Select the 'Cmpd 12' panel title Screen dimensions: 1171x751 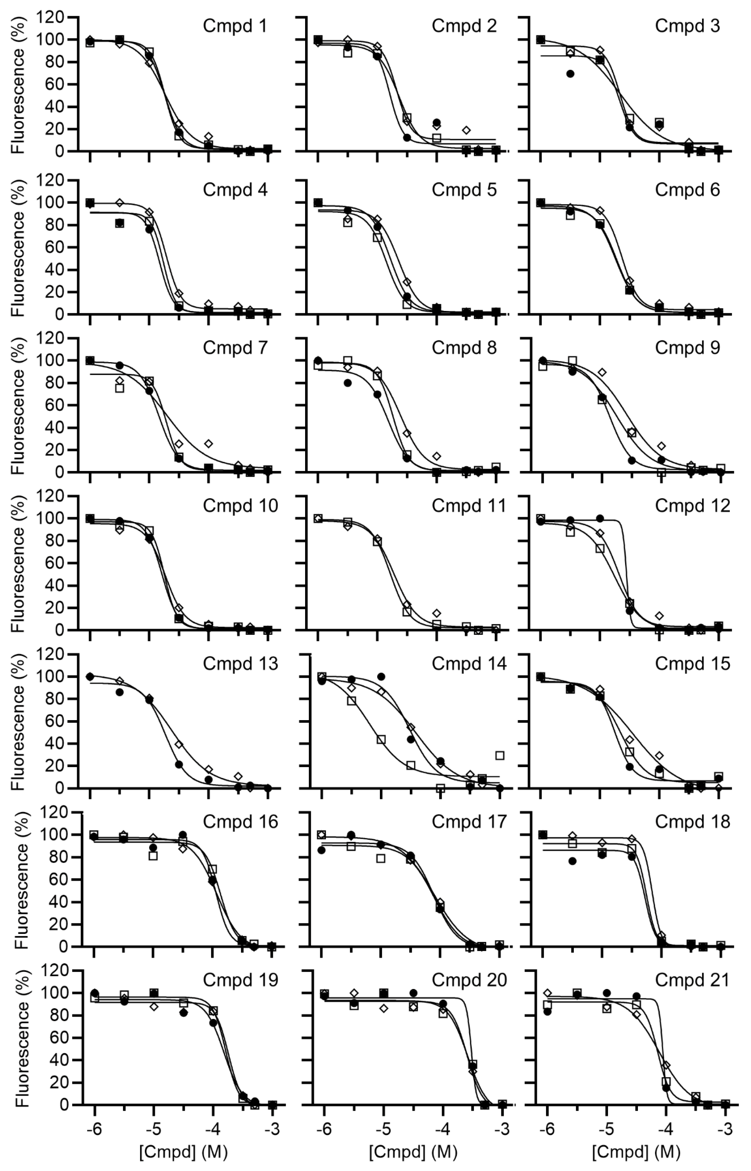click(x=692, y=506)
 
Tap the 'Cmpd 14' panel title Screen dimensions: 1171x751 click(x=469, y=664)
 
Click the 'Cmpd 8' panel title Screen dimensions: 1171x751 click(x=464, y=348)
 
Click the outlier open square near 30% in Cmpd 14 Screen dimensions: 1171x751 click(x=500, y=755)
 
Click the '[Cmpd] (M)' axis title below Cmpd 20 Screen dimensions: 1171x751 click(x=412, y=1152)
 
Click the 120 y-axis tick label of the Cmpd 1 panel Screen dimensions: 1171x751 click(x=50, y=17)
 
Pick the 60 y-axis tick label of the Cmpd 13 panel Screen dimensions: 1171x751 click(x=56, y=722)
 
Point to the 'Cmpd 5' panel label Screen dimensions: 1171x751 click(x=464, y=190)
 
